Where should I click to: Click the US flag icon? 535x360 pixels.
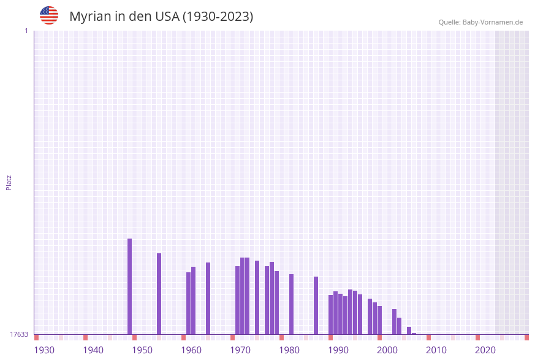tap(49, 15)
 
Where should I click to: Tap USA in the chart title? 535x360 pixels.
tap(167, 17)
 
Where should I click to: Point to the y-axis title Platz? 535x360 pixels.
tap(9, 182)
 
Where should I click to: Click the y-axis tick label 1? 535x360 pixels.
tap(26, 31)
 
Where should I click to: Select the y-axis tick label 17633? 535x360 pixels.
tap(19, 334)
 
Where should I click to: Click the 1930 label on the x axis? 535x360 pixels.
tap(44, 350)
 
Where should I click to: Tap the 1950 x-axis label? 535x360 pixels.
tap(142, 350)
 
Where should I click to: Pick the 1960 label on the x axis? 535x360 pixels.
tap(191, 350)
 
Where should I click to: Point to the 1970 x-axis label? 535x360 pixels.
tap(240, 350)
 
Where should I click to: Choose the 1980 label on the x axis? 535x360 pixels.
tap(289, 350)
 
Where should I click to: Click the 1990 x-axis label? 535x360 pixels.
tap(338, 350)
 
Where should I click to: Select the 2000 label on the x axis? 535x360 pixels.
tap(387, 350)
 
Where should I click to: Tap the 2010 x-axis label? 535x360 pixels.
tap(436, 350)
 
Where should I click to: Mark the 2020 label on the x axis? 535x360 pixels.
tap(485, 350)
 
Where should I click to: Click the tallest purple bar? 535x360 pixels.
tap(130, 286)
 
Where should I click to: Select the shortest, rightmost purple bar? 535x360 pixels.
tap(414, 334)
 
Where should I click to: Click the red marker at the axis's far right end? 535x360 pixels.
tap(526, 337)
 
